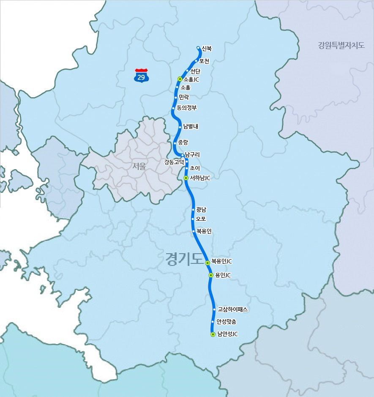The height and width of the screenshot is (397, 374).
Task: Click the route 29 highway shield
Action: (141, 75)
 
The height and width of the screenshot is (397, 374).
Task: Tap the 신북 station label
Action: (207, 49)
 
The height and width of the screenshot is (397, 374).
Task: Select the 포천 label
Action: (204, 61)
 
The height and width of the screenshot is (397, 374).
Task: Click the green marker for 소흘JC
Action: (180, 79)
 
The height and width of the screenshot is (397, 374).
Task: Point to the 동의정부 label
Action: (187, 107)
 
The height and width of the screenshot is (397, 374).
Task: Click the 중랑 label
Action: (183, 142)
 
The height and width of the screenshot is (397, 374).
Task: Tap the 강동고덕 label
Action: (174, 162)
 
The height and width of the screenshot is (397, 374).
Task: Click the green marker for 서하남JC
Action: (186, 178)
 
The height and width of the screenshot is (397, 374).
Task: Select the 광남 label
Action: (201, 209)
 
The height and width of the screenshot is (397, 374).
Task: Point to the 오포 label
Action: (201, 219)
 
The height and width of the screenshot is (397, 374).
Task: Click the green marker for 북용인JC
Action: (207, 263)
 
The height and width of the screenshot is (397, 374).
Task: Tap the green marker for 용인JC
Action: (211, 275)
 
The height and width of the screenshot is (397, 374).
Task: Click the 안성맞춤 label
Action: (229, 322)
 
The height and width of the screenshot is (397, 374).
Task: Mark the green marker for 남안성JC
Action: (213, 334)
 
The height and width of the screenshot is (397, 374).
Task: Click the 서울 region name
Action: (139, 166)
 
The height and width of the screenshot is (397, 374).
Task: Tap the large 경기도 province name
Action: (185, 259)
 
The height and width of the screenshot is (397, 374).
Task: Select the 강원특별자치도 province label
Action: (341, 45)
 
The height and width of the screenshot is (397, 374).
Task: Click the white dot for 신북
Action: (198, 48)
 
